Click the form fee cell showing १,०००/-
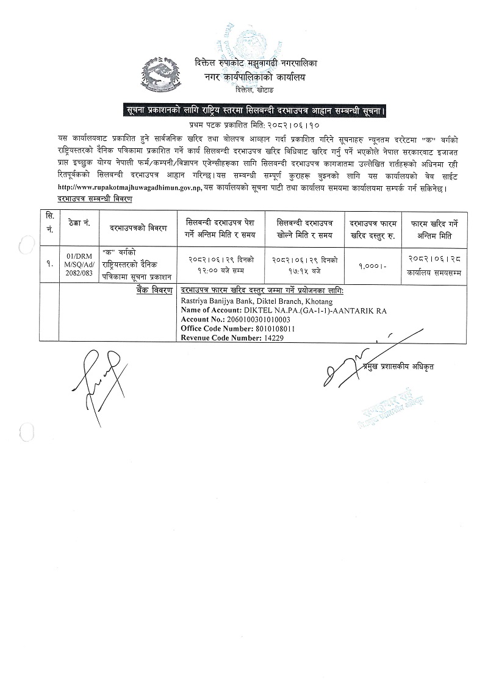tap(371, 266)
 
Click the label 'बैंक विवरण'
tap(154, 290)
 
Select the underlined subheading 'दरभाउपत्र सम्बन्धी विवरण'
tap(95, 199)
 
